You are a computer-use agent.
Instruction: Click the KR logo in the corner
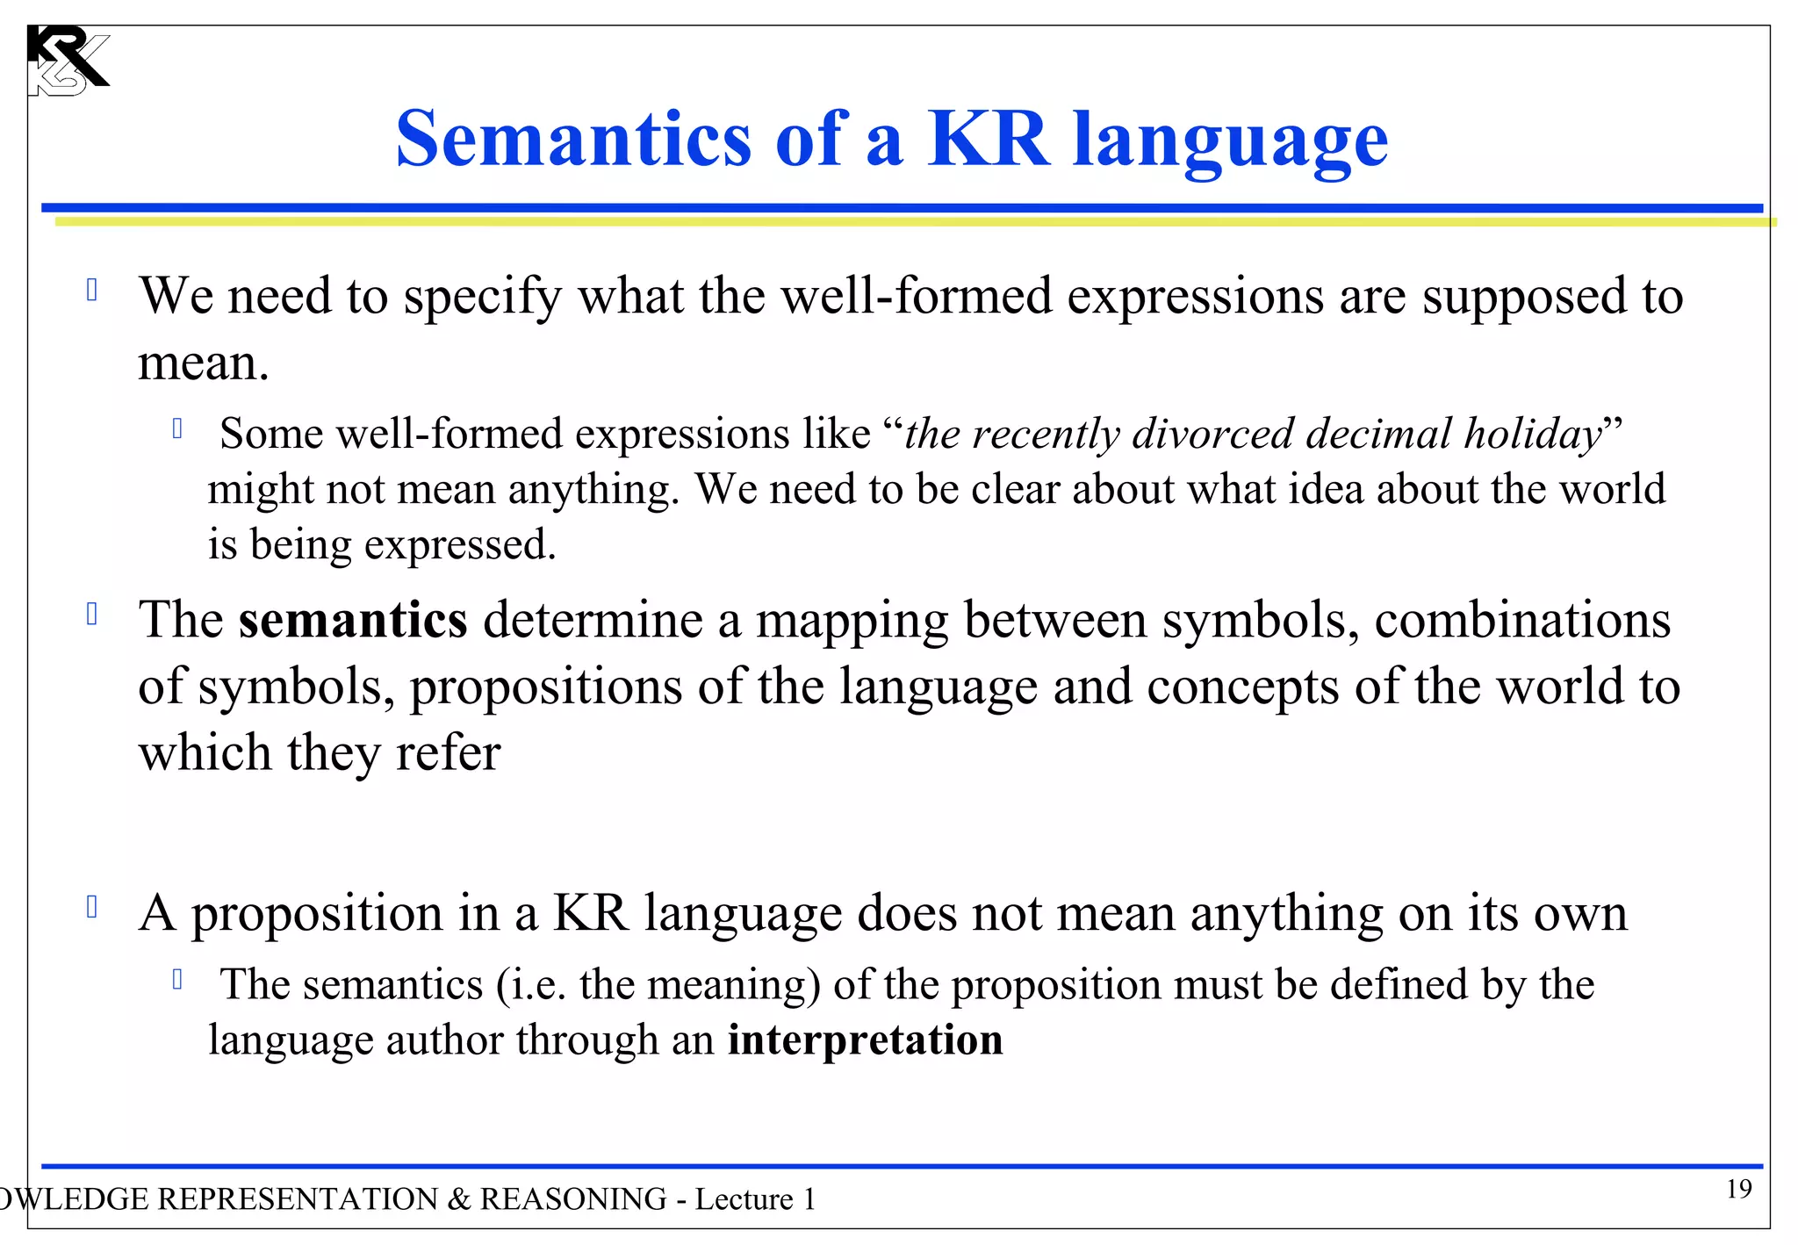click(x=67, y=61)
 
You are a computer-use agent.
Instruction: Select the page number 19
click(x=1738, y=1189)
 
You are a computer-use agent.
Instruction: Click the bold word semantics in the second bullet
click(x=353, y=620)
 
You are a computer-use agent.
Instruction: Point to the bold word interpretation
click(x=865, y=1040)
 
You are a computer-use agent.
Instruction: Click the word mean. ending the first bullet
click(x=203, y=363)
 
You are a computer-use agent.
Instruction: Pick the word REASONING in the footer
click(x=573, y=1199)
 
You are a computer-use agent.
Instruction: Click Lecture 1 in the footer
click(x=755, y=1199)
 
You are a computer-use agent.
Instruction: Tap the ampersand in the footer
click(x=459, y=1199)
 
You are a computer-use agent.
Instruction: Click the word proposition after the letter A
click(x=317, y=914)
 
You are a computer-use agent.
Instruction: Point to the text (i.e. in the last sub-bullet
click(x=531, y=985)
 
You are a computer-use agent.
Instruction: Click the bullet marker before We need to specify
click(x=92, y=291)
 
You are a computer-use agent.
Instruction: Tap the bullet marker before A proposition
click(x=92, y=907)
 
